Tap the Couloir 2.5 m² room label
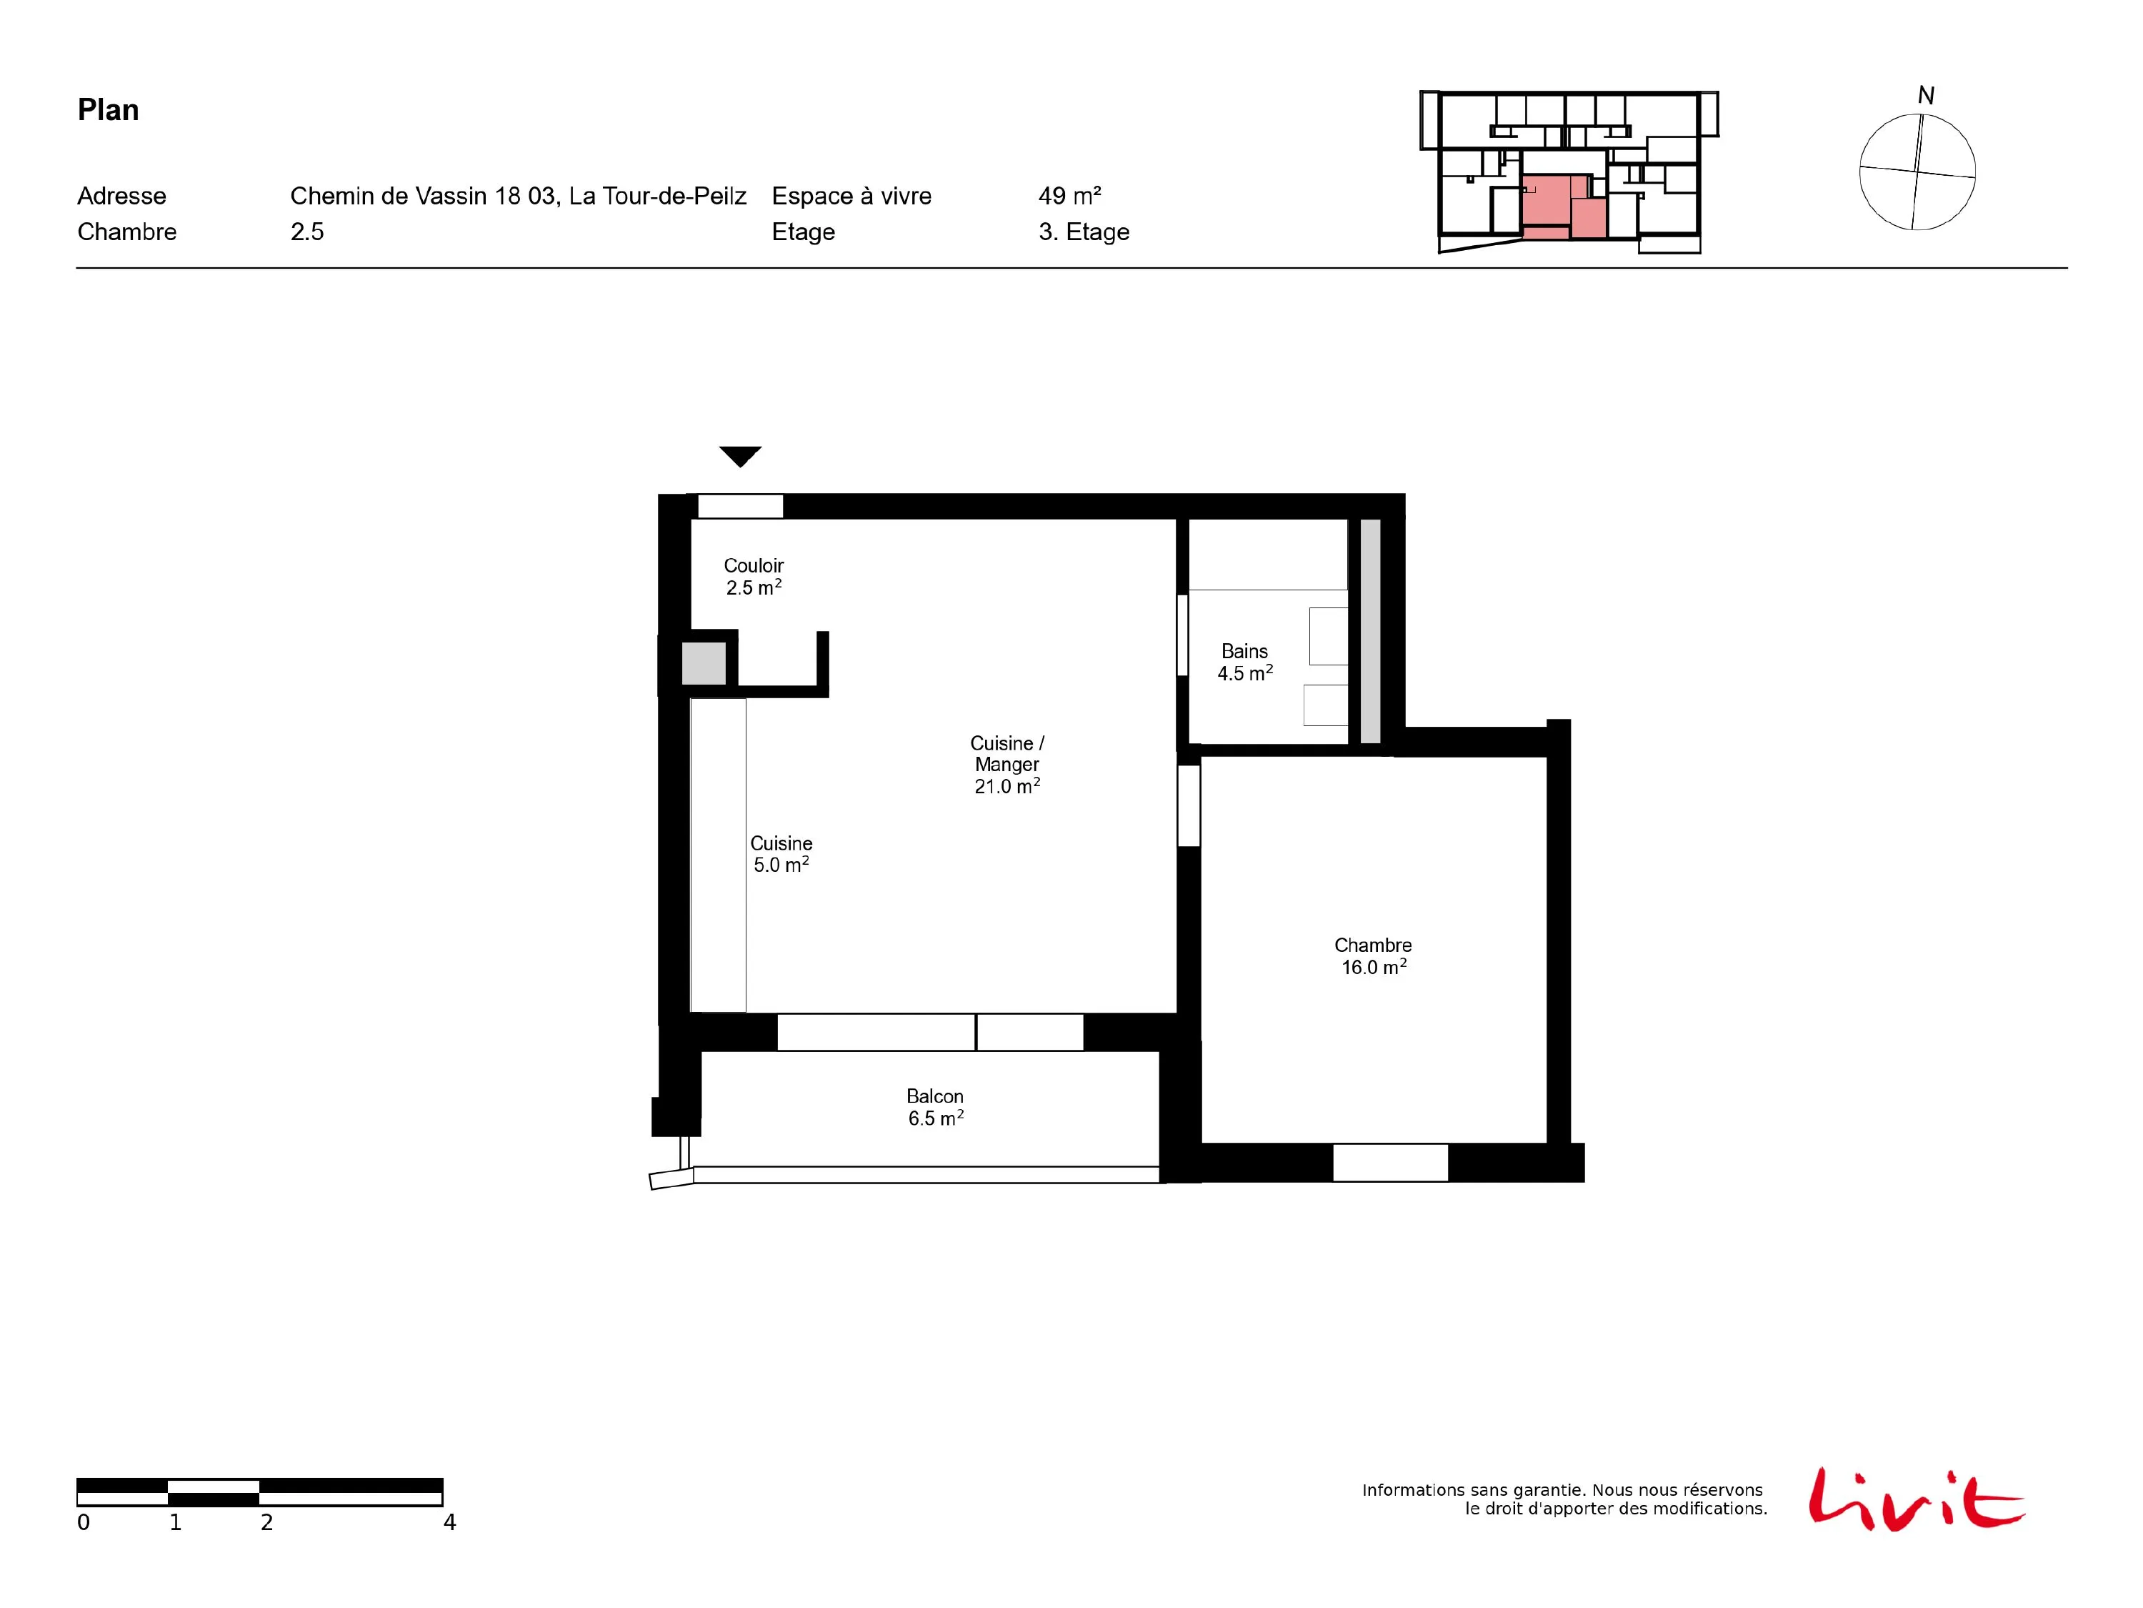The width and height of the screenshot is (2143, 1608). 754,577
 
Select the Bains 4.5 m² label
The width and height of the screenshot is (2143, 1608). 1245,662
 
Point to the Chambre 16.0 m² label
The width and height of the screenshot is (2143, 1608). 1373,956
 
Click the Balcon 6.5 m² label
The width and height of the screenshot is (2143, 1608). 935,1107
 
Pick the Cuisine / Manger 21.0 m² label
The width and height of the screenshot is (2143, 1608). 1007,765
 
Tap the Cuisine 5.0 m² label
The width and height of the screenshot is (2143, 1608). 781,854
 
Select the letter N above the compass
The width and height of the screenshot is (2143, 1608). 1926,96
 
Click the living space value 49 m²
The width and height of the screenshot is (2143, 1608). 1069,196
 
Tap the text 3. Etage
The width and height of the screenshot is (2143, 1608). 1084,232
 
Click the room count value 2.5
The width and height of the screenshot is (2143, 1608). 307,232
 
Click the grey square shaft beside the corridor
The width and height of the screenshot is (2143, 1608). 704,664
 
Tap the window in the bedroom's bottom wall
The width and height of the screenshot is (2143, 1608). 1390,1162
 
